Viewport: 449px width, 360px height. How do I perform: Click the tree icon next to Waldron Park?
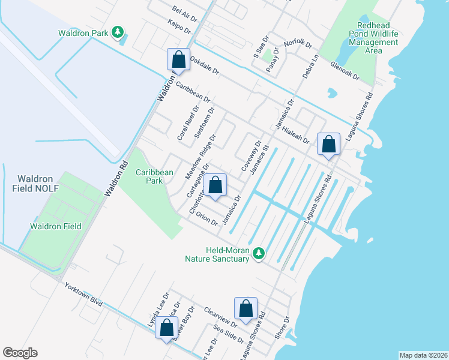(119, 32)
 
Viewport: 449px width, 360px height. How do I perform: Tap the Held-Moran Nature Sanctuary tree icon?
(259, 254)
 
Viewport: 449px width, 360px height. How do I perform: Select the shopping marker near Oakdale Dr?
(178, 60)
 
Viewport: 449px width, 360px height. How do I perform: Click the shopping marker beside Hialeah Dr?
(328, 145)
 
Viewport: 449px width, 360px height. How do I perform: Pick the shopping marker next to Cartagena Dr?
(215, 185)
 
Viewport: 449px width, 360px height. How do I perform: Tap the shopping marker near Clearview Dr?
(246, 310)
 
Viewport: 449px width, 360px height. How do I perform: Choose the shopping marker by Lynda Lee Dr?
(166, 328)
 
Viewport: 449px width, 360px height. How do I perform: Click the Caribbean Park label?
(154, 176)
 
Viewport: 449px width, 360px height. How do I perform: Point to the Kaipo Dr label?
(180, 28)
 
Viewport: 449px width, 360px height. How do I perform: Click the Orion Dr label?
(206, 220)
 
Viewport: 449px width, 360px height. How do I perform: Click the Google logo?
(20, 353)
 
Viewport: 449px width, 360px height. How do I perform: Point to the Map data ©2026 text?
(423, 355)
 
